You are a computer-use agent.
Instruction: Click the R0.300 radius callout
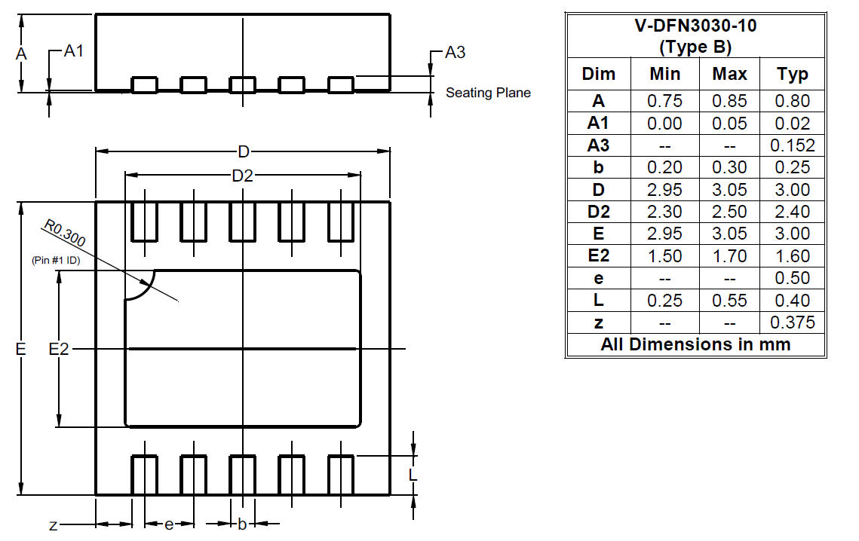point(65,234)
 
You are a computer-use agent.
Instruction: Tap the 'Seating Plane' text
point(488,93)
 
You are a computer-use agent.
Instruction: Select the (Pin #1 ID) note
point(56,260)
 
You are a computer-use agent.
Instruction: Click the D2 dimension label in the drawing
point(243,176)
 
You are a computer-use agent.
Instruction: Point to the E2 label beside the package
point(59,349)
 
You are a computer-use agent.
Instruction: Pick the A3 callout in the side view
point(456,53)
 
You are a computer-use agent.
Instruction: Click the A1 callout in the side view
point(74,51)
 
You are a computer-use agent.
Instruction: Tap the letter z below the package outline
point(53,526)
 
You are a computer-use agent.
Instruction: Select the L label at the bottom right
point(413,474)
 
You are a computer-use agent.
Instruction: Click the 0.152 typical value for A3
point(792,145)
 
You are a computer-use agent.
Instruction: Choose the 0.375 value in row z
point(792,322)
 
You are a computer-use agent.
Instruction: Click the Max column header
point(729,74)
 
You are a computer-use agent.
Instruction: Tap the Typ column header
point(792,74)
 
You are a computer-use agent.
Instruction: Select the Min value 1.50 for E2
point(664,255)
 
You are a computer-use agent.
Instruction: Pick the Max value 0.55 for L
point(729,300)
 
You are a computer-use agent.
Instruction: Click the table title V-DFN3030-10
point(696,26)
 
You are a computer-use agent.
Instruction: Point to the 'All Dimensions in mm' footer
point(696,344)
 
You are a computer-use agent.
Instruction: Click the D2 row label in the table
point(598,212)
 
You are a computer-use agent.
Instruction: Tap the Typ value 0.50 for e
point(792,277)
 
